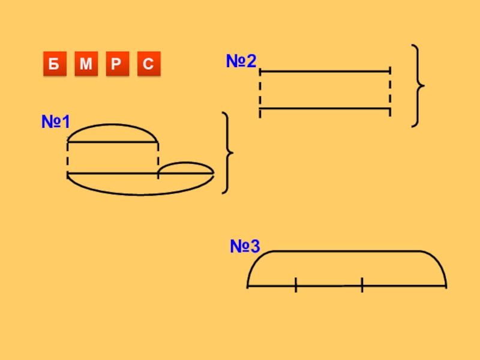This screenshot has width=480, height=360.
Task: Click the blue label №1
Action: [x=55, y=122]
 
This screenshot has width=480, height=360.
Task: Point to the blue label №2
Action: [x=241, y=61]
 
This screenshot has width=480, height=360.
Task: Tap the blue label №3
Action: [x=245, y=246]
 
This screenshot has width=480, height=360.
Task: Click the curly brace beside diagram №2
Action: [x=418, y=86]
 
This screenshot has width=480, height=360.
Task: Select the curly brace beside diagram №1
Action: [x=227, y=152]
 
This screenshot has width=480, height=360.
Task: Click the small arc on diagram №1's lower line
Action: [x=186, y=163]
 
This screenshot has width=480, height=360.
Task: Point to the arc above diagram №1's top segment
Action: [x=112, y=125]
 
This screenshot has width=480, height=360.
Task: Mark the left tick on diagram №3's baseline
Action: [x=296, y=286]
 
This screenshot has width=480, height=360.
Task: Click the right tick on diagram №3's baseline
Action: [x=362, y=286]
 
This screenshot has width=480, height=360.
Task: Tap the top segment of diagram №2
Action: [x=325, y=71]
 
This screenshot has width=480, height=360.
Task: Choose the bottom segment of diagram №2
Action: [x=325, y=109]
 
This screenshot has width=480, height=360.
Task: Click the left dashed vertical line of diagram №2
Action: [x=260, y=91]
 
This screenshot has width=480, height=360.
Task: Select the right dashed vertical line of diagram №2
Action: [x=390, y=91]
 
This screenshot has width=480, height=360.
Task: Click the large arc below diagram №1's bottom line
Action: [x=141, y=194]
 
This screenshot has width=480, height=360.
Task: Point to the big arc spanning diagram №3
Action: [x=347, y=252]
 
